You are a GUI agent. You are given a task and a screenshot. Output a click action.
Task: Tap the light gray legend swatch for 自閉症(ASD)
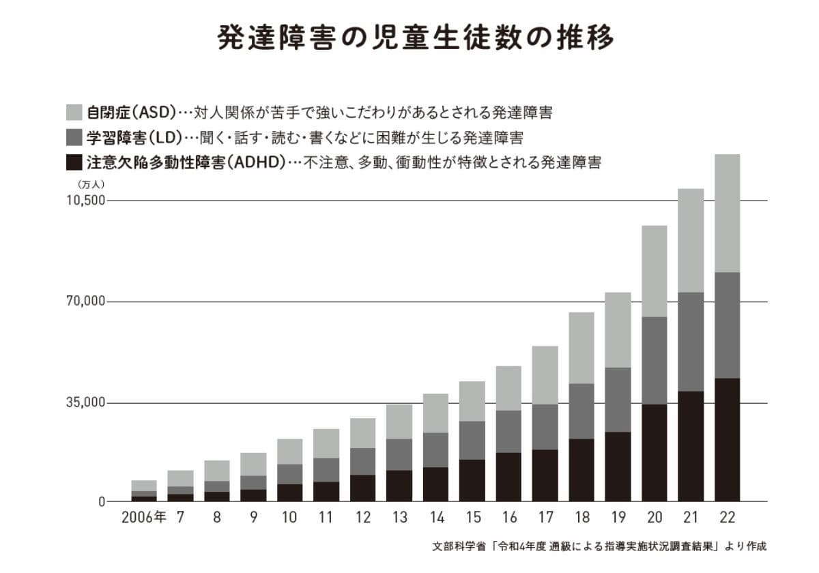[x=74, y=112]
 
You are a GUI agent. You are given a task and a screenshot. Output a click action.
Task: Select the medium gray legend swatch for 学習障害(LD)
[x=74, y=137]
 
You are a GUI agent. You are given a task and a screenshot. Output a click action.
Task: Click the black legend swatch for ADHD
[x=74, y=163]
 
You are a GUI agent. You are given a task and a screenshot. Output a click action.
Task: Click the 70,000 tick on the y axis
[x=87, y=302]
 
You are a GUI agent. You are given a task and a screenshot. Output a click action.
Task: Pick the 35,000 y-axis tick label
[x=87, y=402]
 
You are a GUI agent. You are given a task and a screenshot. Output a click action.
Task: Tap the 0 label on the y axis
[x=100, y=502]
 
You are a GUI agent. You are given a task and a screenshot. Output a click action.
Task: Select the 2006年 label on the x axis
[x=143, y=518]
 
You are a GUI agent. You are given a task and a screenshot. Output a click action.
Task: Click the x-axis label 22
[x=727, y=518]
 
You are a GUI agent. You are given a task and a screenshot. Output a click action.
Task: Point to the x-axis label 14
[x=435, y=518]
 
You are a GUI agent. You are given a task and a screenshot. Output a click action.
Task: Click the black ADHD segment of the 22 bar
[x=727, y=440]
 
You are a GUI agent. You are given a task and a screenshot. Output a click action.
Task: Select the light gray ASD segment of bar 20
[x=654, y=271]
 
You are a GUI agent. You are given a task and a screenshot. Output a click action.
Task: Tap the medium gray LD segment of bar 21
[x=691, y=341]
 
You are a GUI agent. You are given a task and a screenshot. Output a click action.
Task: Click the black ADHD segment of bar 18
[x=581, y=470]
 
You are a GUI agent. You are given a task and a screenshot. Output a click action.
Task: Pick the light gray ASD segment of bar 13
[x=399, y=421]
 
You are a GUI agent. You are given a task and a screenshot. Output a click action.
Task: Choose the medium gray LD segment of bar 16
[x=508, y=431]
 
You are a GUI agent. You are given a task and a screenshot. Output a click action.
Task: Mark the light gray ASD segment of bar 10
[x=289, y=451]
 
